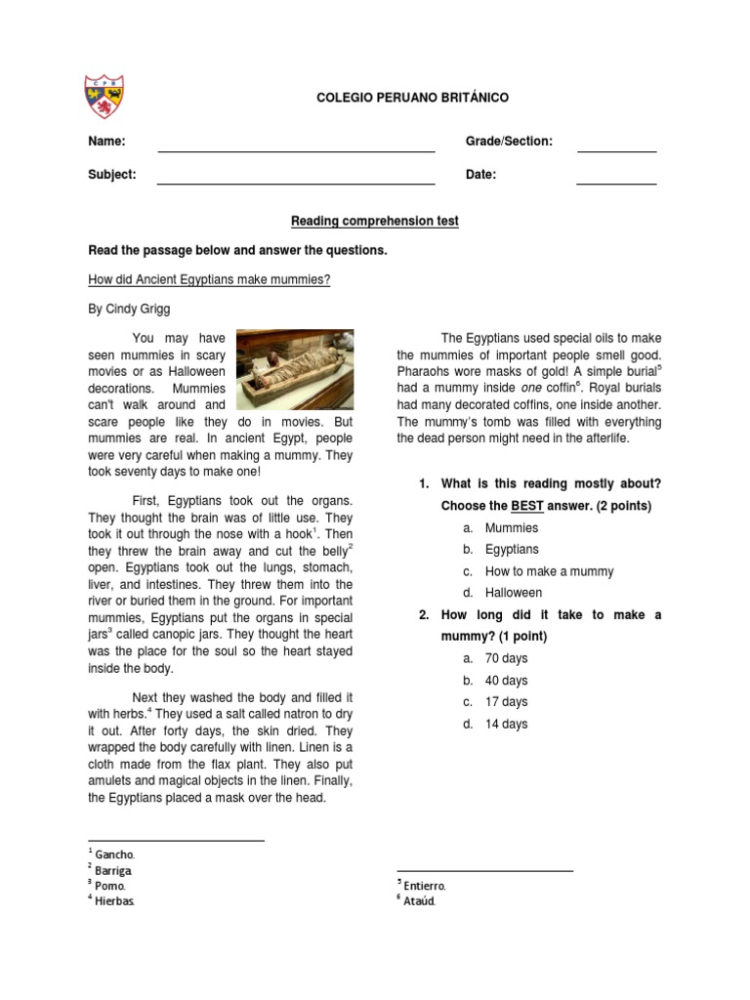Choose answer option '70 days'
(506, 659)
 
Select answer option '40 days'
(506, 681)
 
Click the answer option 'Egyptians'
(512, 550)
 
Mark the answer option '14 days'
(506, 724)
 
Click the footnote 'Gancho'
(114, 854)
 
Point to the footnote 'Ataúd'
(418, 900)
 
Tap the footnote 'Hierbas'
(114, 900)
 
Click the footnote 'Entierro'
(424, 885)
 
